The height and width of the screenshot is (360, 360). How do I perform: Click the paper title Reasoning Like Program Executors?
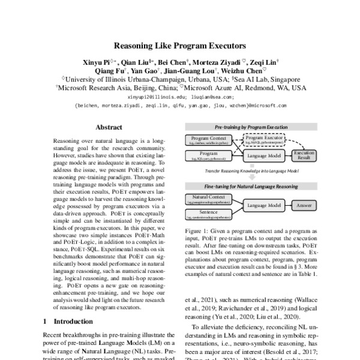pyautogui.click(x=180, y=45)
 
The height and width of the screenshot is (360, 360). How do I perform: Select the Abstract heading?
pyautogui.click(x=109, y=127)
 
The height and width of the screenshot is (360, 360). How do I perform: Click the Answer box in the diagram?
pyautogui.click(x=303, y=205)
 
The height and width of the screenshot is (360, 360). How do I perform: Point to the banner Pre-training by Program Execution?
pyautogui.click(x=251, y=128)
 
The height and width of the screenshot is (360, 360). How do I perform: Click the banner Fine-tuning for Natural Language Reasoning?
pyautogui.click(x=251, y=187)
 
